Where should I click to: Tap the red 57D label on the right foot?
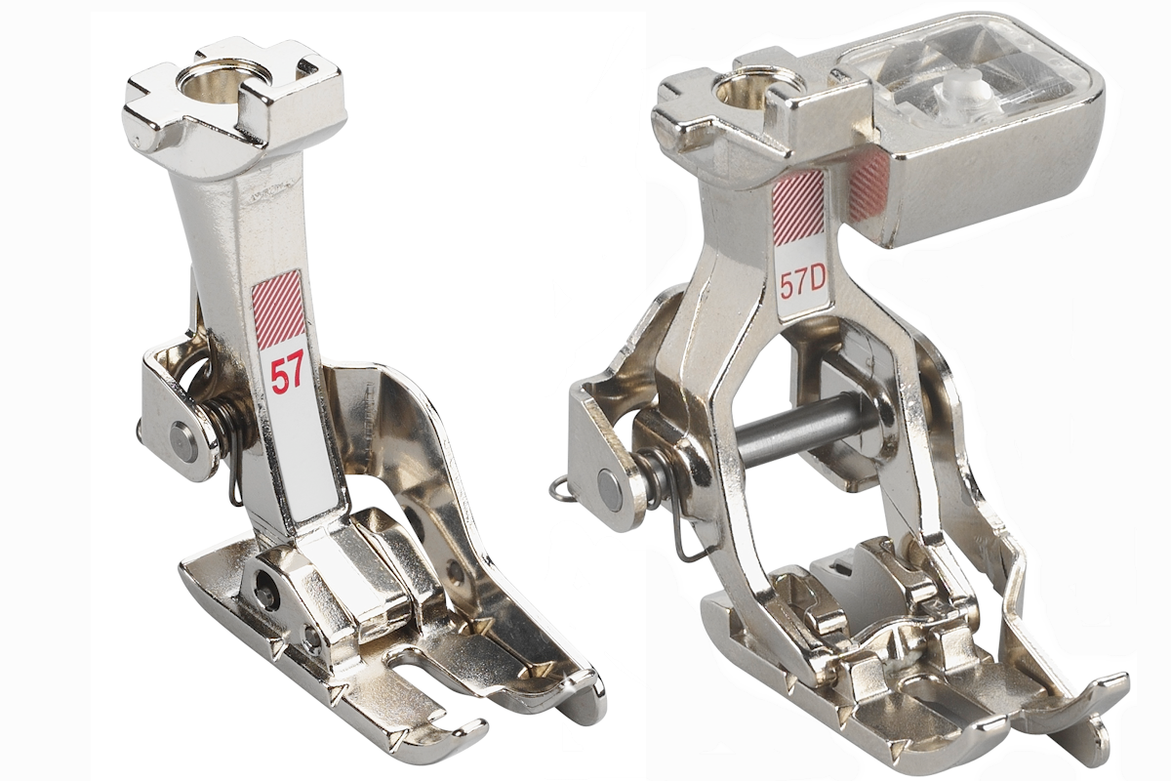click(801, 284)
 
